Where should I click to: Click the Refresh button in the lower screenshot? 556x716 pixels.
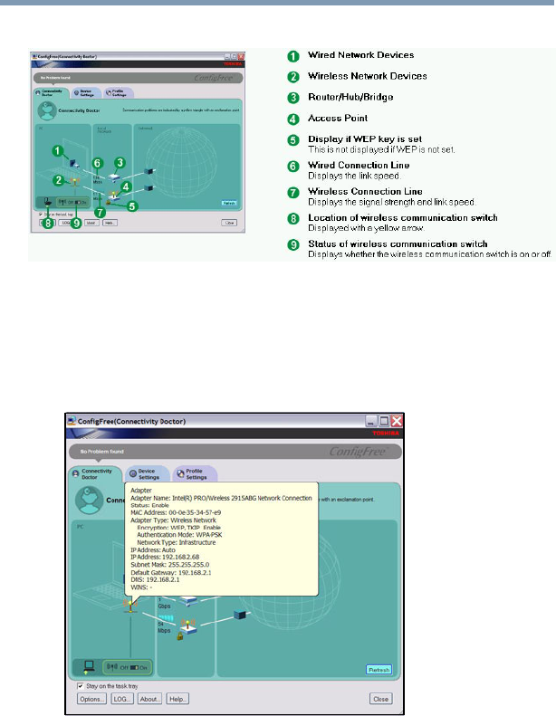pyautogui.click(x=379, y=670)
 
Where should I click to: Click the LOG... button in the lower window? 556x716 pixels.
pyautogui.click(x=120, y=699)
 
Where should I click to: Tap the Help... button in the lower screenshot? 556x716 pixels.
pyautogui.click(x=177, y=699)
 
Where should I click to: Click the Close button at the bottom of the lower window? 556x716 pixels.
pyautogui.click(x=381, y=699)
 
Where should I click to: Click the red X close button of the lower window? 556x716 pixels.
pyautogui.click(x=397, y=422)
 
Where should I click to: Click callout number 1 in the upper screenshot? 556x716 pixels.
pyautogui.click(x=56, y=149)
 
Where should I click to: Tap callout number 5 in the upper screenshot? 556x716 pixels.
pyautogui.click(x=131, y=205)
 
